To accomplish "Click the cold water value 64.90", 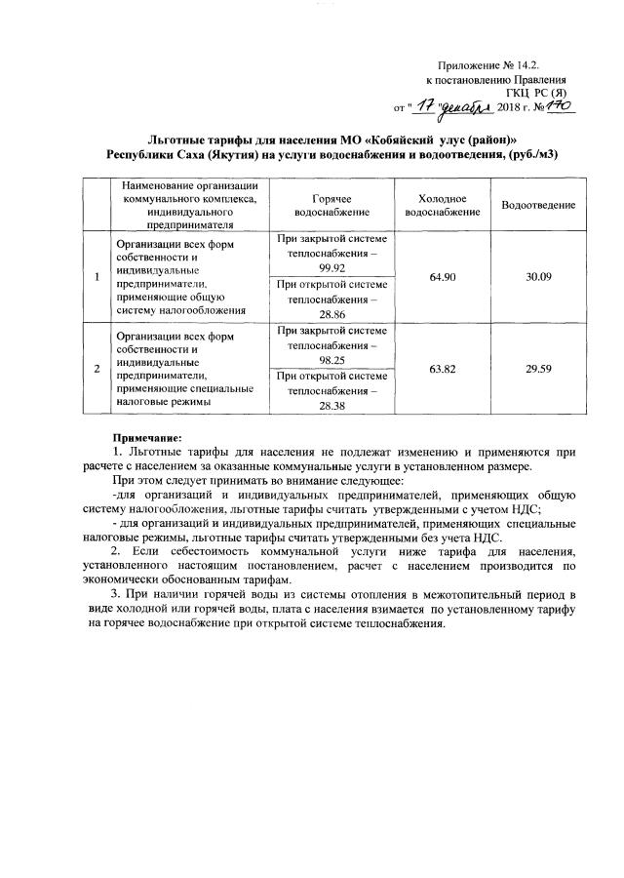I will [442, 277].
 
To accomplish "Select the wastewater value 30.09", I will [538, 277].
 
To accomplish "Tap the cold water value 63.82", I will [442, 370].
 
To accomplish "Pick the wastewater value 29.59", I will [538, 370].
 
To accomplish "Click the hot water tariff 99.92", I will [332, 266].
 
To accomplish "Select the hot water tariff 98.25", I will [332, 359].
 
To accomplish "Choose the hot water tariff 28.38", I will [332, 405].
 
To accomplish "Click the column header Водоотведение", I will [538, 205].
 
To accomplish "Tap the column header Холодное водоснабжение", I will [442, 205].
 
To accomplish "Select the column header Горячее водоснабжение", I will [332, 205].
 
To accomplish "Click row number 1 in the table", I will [96, 278].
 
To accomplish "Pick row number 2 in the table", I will [96, 370].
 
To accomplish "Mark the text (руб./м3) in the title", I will [530, 155].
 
